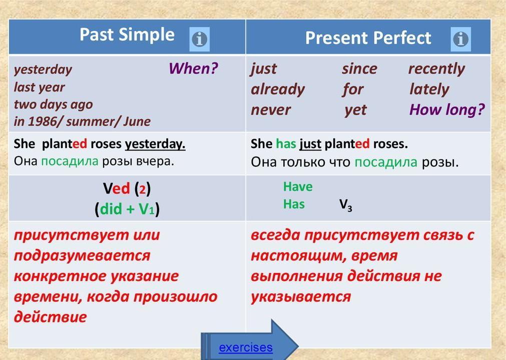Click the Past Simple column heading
127,35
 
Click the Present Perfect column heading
368,38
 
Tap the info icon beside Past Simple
199,39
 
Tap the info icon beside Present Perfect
460,39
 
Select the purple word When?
193,68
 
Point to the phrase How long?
447,110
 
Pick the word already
278,90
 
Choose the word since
359,68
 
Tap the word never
271,110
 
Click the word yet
355,110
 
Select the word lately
429,89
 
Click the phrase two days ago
53,104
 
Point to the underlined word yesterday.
155,144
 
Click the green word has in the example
286,143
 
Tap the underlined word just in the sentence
310,144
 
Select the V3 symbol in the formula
346,204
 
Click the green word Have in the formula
298,186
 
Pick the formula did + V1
127,209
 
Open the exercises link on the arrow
246,347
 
